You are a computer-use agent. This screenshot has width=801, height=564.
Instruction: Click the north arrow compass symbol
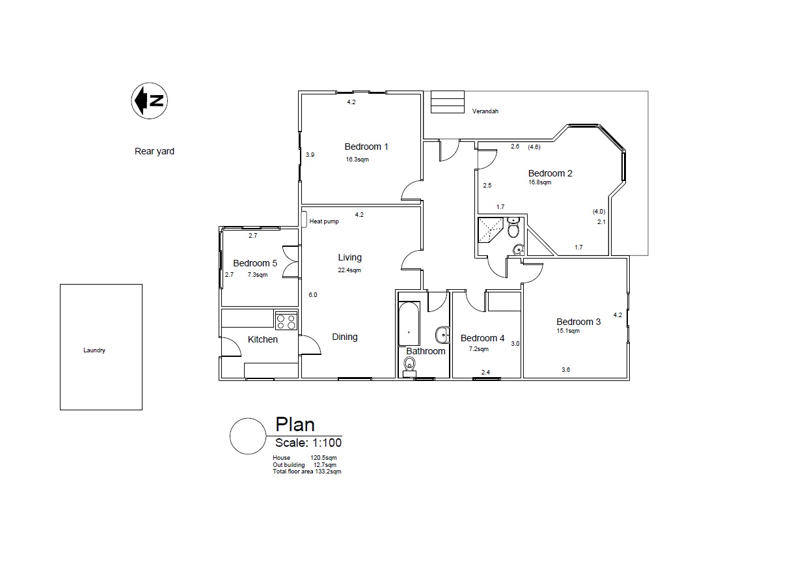click(150, 100)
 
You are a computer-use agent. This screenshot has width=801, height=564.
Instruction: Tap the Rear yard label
click(154, 151)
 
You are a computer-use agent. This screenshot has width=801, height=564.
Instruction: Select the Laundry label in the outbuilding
click(94, 350)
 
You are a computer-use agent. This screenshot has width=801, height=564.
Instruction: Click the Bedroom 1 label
click(366, 147)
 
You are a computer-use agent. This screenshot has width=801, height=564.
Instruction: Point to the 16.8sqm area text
click(540, 182)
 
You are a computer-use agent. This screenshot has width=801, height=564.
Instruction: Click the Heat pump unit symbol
click(304, 219)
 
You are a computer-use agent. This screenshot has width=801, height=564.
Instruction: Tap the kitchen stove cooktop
click(286, 320)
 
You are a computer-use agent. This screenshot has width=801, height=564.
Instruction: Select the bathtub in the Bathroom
click(409, 324)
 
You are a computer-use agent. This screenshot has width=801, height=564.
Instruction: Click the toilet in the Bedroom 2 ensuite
click(513, 227)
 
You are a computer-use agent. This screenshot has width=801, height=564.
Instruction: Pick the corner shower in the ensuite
click(491, 229)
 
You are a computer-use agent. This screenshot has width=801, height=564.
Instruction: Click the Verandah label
click(485, 111)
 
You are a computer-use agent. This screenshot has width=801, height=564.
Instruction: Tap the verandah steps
click(447, 102)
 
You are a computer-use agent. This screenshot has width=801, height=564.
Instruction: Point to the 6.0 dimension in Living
click(313, 295)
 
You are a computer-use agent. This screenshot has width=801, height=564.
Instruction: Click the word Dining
click(345, 337)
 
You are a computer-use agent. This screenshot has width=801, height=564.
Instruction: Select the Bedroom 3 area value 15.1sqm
click(568, 331)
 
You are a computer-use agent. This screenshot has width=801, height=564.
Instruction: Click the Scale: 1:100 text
click(308, 443)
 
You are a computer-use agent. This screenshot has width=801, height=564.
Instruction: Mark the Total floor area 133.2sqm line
click(307, 472)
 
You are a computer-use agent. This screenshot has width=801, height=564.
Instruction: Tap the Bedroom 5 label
click(255, 263)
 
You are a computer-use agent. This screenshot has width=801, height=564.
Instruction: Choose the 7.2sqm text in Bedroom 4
click(479, 349)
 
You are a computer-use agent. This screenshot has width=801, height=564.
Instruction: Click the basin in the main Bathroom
click(442, 335)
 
